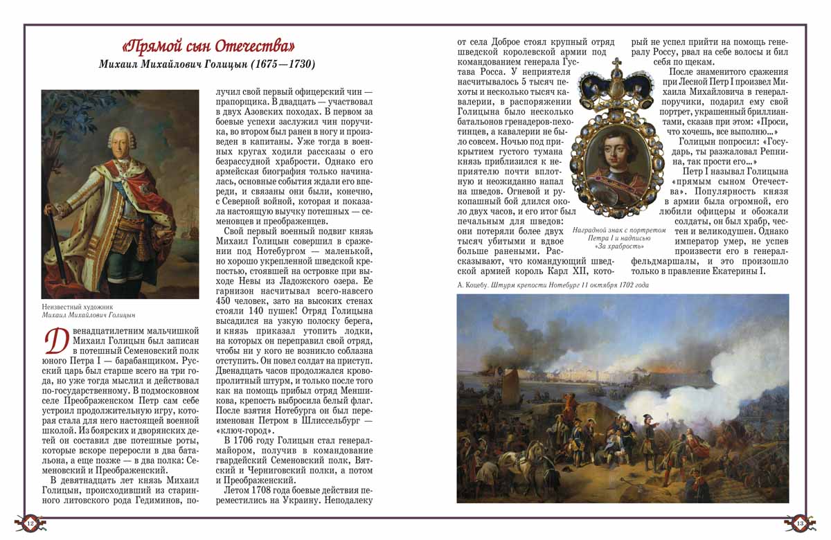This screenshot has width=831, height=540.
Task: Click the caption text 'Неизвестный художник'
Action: (76, 306)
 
